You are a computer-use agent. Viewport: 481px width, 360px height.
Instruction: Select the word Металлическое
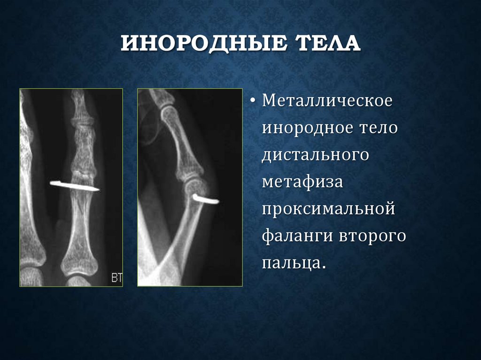327,102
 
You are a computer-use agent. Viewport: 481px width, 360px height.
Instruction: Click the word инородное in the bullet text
304,128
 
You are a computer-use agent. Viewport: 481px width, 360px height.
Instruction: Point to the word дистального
316,154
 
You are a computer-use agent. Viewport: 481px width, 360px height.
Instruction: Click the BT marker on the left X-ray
116,278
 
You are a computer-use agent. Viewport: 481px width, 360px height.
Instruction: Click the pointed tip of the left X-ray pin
98,189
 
